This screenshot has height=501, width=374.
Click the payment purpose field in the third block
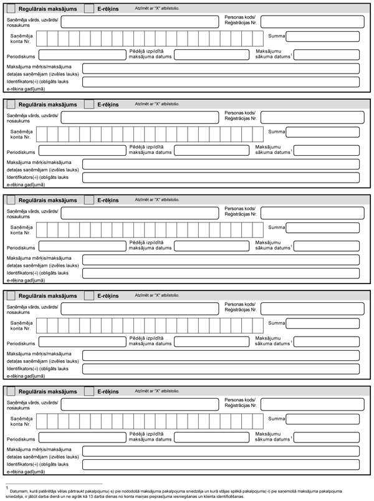(221, 260)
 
